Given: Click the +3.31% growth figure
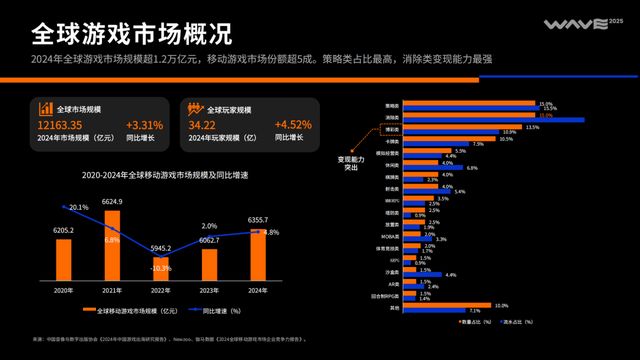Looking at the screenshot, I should pos(145,125).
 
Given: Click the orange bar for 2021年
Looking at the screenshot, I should pos(112,247).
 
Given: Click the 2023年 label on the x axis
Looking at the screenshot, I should pos(209,290).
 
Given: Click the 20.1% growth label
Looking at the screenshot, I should pos(77,207).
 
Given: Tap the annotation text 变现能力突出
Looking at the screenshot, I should pos(351,162).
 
